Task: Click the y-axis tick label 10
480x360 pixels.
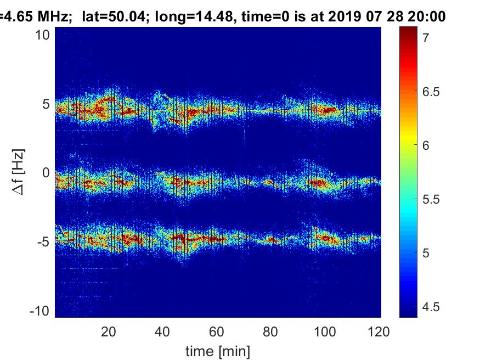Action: coord(43,35)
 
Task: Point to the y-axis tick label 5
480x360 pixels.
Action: coord(46,104)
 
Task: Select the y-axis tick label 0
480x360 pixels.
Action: coord(46,173)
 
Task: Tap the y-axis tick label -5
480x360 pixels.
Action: coord(43,242)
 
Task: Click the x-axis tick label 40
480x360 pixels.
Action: coord(163,331)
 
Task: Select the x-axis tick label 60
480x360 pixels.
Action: coord(217,331)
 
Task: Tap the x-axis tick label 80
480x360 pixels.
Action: coord(272,331)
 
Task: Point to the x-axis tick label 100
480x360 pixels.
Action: coord(325,331)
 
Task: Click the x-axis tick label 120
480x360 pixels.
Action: coord(380,331)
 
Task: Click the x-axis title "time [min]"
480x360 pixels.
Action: coord(218,350)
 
